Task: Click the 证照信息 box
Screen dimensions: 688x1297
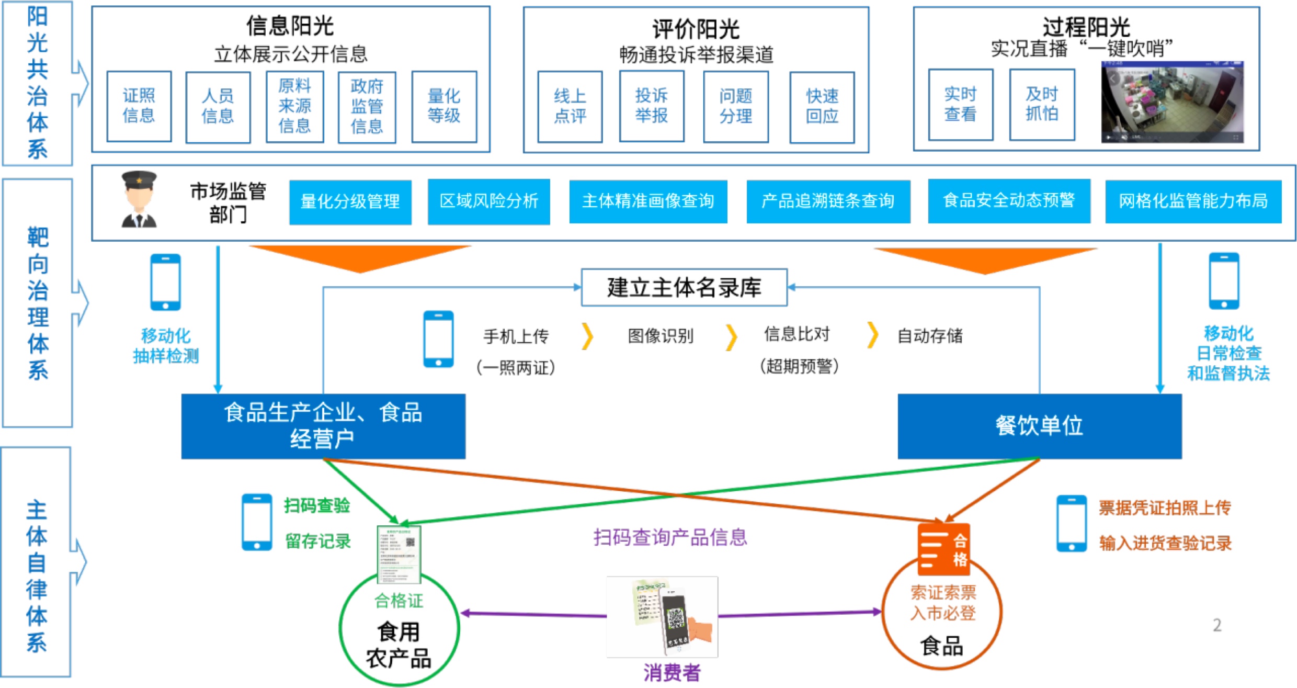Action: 139,106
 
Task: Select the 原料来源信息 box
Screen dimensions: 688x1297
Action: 294,106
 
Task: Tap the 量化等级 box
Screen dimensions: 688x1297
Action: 444,106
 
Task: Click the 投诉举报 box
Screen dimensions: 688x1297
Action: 652,106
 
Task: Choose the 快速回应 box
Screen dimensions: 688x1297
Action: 822,107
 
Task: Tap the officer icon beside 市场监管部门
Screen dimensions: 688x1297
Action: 139,200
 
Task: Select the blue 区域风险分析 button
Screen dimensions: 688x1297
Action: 488,201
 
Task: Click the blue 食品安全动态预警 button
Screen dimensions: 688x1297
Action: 1009,201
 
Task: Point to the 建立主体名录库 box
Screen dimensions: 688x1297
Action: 684,287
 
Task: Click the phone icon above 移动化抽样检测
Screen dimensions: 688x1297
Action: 166,282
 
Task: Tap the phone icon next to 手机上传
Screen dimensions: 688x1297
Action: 438,339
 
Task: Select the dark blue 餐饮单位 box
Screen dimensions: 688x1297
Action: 1039,426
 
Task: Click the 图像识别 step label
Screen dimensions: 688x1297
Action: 661,336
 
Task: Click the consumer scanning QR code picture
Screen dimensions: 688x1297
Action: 662,617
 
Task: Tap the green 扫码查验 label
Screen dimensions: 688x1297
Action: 317,506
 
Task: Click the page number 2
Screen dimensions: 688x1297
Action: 1217,625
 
